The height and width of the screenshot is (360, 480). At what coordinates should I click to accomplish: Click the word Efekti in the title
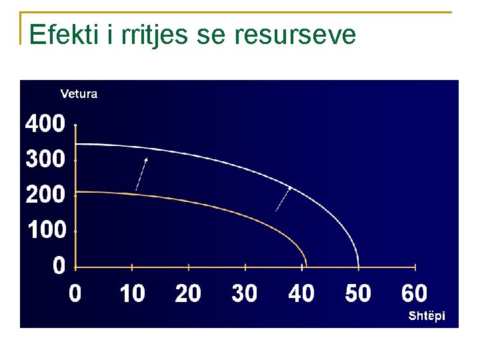tap(65, 35)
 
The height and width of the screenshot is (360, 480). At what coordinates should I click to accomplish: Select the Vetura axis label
tap(79, 94)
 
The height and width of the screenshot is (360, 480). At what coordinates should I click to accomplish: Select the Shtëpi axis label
tap(427, 316)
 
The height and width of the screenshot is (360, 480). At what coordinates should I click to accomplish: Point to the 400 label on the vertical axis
tap(45, 123)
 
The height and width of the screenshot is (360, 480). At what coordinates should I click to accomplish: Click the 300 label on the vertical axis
tap(45, 159)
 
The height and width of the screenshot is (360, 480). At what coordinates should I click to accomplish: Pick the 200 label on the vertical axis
tap(45, 195)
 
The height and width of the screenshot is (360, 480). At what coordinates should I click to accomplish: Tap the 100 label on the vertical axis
tap(47, 230)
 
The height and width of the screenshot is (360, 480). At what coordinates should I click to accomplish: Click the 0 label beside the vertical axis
tap(59, 266)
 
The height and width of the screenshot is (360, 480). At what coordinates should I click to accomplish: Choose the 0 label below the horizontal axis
tap(75, 293)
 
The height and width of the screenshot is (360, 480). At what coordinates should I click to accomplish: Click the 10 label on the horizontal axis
tap(132, 293)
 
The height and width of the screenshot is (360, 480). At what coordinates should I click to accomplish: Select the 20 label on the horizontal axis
tap(188, 293)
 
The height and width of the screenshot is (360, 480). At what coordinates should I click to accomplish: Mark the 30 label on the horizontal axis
tap(245, 293)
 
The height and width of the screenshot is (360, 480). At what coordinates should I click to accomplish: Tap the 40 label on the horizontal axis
tap(301, 293)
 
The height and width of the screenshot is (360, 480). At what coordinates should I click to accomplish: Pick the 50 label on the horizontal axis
tap(358, 293)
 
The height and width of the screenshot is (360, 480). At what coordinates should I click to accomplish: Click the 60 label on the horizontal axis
tap(415, 293)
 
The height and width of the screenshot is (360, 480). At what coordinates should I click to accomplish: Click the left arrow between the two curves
tap(141, 174)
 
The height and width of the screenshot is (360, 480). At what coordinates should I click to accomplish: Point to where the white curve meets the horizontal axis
tap(359, 267)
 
